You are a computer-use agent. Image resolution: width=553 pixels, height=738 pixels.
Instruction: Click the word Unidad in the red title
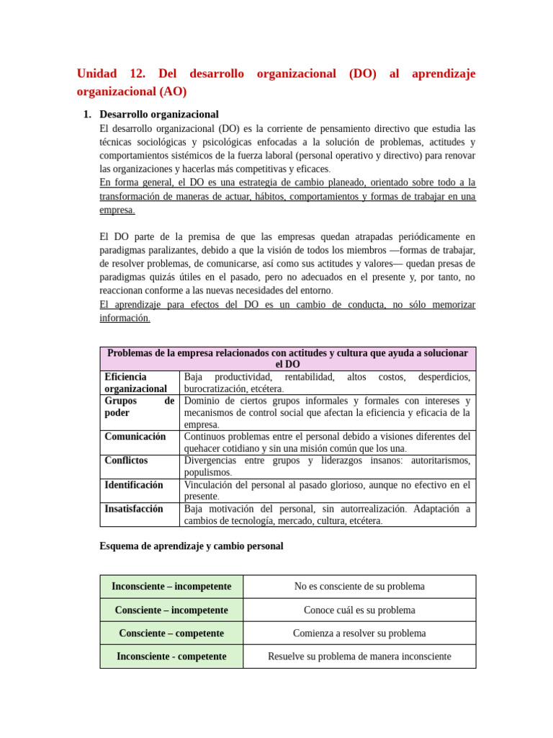(96, 74)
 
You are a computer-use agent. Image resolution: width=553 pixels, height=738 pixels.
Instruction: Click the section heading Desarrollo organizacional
(158, 114)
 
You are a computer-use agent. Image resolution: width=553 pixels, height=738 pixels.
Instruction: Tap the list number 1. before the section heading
(87, 114)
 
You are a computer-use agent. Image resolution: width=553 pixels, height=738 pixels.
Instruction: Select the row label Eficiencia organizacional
(135, 383)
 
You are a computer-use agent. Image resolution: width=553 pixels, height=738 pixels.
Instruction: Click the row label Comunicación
(135, 437)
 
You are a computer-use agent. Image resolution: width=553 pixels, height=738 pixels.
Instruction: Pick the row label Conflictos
(126, 461)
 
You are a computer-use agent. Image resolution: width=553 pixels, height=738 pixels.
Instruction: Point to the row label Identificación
(133, 485)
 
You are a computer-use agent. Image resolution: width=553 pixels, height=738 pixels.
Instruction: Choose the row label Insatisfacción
(133, 509)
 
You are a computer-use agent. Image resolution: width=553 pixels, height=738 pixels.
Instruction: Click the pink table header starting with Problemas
(287, 358)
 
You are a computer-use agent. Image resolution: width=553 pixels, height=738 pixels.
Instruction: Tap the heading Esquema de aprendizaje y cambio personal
(191, 546)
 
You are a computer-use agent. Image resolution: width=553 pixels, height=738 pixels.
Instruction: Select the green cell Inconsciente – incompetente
(171, 587)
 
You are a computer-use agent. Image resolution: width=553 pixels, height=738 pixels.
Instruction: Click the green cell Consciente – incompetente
(171, 610)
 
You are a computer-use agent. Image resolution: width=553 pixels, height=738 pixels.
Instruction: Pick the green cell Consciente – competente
(171, 633)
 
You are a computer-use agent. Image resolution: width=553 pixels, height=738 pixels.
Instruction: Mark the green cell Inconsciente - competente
(171, 657)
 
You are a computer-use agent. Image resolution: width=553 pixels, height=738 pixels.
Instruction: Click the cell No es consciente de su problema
(359, 587)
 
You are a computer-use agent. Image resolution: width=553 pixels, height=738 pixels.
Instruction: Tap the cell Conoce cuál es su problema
(359, 610)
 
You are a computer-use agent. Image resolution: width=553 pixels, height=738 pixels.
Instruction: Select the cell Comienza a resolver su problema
(359, 633)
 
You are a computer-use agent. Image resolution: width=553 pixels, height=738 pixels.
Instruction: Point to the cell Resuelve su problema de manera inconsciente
(359, 657)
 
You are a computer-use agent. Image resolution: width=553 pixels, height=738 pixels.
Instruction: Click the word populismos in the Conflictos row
(207, 473)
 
